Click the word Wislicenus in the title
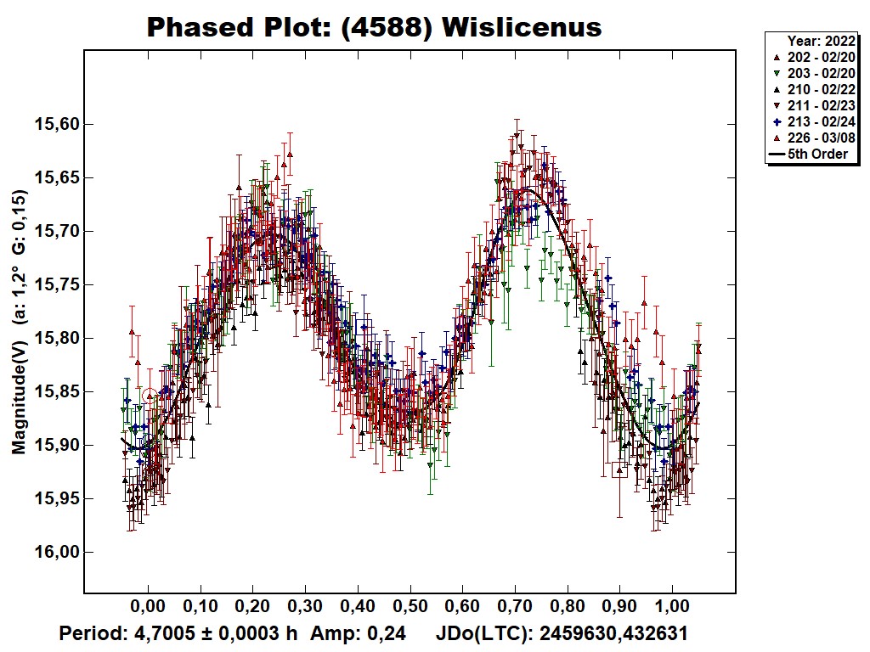523,27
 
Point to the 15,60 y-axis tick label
56,125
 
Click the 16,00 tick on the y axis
56,553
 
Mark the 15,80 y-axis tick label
56,339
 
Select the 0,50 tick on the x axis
410,607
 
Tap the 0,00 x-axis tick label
148,607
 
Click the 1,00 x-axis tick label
672,607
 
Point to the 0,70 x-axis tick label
515,607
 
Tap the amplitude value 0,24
387,633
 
